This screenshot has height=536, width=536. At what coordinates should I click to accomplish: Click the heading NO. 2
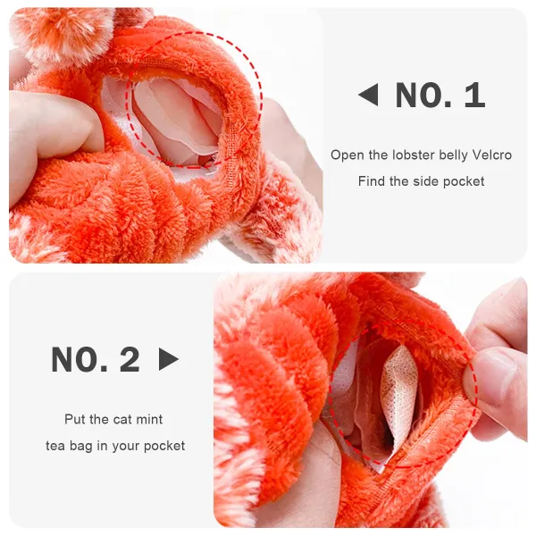[96, 359]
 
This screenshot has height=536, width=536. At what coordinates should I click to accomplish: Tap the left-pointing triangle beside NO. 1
[368, 95]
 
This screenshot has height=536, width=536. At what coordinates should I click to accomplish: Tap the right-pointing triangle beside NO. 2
[168, 359]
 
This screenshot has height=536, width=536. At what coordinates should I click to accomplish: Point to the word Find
[372, 180]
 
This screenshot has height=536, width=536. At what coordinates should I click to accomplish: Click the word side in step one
[426, 180]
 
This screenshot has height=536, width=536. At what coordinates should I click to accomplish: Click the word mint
[147, 418]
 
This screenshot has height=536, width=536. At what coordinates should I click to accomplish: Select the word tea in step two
[57, 445]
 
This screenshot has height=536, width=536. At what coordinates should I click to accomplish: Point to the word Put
[74, 418]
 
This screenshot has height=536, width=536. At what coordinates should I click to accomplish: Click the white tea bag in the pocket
[398, 394]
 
